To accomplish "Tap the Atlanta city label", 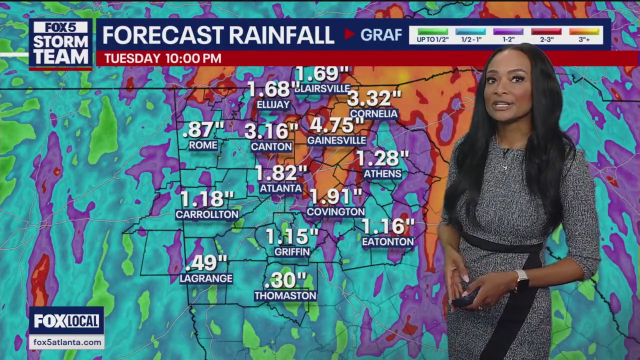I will coord(280,188).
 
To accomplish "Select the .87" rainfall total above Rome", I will coord(203,130).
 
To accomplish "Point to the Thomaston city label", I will coord(285,295).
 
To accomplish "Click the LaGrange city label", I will coord(206,278).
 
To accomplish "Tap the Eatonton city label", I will coord(388,241).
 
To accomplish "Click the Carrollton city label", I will coord(207,214).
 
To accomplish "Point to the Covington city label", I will coord(335,211).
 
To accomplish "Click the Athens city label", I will coord(382,173).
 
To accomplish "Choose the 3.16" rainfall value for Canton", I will coord(271,131).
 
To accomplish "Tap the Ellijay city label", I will coord(273,104).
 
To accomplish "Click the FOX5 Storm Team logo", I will coord(60,43).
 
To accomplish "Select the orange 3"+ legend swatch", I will coord(584,31).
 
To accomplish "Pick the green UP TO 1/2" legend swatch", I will coord(432,31).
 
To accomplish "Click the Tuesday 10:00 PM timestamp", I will coord(162,58).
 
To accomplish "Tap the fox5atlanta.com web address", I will coord(66,342).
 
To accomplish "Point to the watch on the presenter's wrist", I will coord(521,278).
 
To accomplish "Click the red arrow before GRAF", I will coord(349,34).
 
